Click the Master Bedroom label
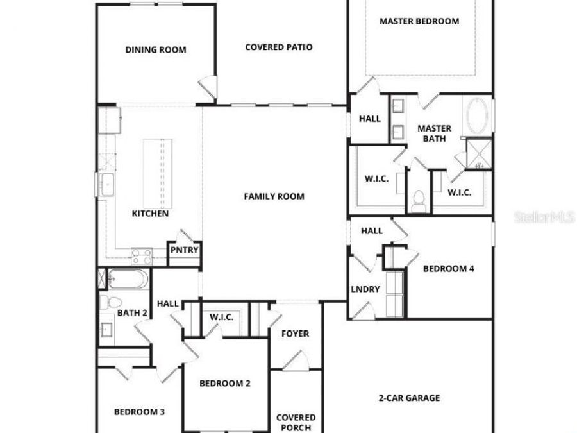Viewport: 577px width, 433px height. (x=419, y=21)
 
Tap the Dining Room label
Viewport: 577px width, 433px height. (x=156, y=50)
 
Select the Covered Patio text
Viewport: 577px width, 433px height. (x=279, y=47)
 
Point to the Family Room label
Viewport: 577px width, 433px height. (x=274, y=196)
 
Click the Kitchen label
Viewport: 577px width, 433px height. (x=151, y=214)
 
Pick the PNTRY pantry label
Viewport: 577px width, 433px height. (x=184, y=251)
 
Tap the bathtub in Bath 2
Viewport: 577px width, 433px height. (x=128, y=280)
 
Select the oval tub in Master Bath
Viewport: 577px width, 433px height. (x=476, y=116)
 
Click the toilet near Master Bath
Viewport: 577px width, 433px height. (x=420, y=200)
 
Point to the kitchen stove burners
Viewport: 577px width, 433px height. (x=142, y=257)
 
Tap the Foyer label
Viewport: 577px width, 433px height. (x=296, y=334)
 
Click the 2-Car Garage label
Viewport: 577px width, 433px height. (x=409, y=398)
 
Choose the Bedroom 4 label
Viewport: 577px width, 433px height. (x=449, y=269)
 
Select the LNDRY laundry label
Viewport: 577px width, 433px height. (x=365, y=289)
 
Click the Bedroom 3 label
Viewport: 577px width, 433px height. (x=139, y=412)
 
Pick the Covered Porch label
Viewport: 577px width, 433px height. (x=296, y=422)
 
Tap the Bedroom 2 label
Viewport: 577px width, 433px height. (x=224, y=384)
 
